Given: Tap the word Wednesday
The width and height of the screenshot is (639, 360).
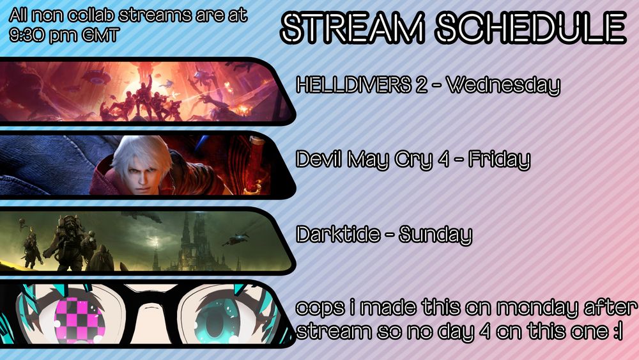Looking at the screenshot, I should point(503,85).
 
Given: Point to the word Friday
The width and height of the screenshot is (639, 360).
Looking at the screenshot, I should point(499,160).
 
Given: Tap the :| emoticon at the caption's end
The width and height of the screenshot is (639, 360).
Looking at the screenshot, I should point(616,333).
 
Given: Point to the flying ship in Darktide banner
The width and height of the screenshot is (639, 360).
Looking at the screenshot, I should point(233,241).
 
